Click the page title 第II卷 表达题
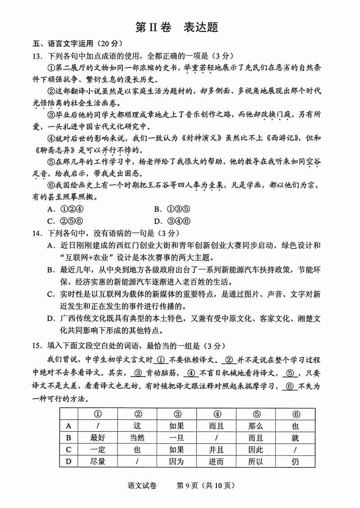click(x=177, y=27)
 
